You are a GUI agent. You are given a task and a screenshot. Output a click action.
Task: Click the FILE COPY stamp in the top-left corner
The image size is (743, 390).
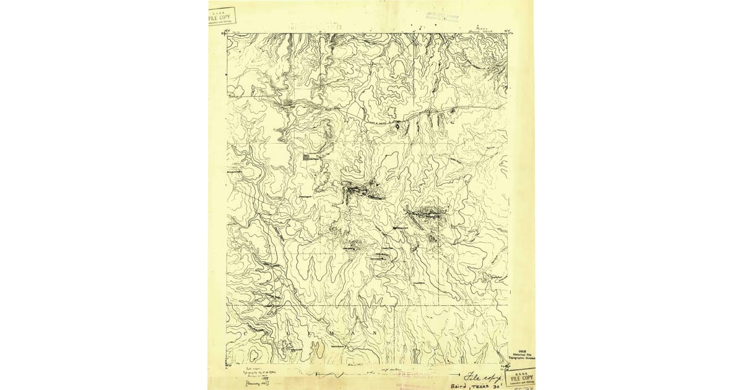coord(222,16)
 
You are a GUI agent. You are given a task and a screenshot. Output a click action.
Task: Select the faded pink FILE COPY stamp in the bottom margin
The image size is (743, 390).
coord(413,375)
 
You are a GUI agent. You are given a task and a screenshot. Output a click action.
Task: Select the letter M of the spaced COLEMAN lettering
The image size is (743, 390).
coord(331,332)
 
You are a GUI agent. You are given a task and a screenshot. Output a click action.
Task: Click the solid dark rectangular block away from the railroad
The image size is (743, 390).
coord(306,157)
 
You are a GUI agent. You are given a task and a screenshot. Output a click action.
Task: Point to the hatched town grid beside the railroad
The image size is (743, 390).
coord(288,103)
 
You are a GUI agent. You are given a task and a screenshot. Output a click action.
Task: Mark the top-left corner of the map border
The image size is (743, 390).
coord(227,34)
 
